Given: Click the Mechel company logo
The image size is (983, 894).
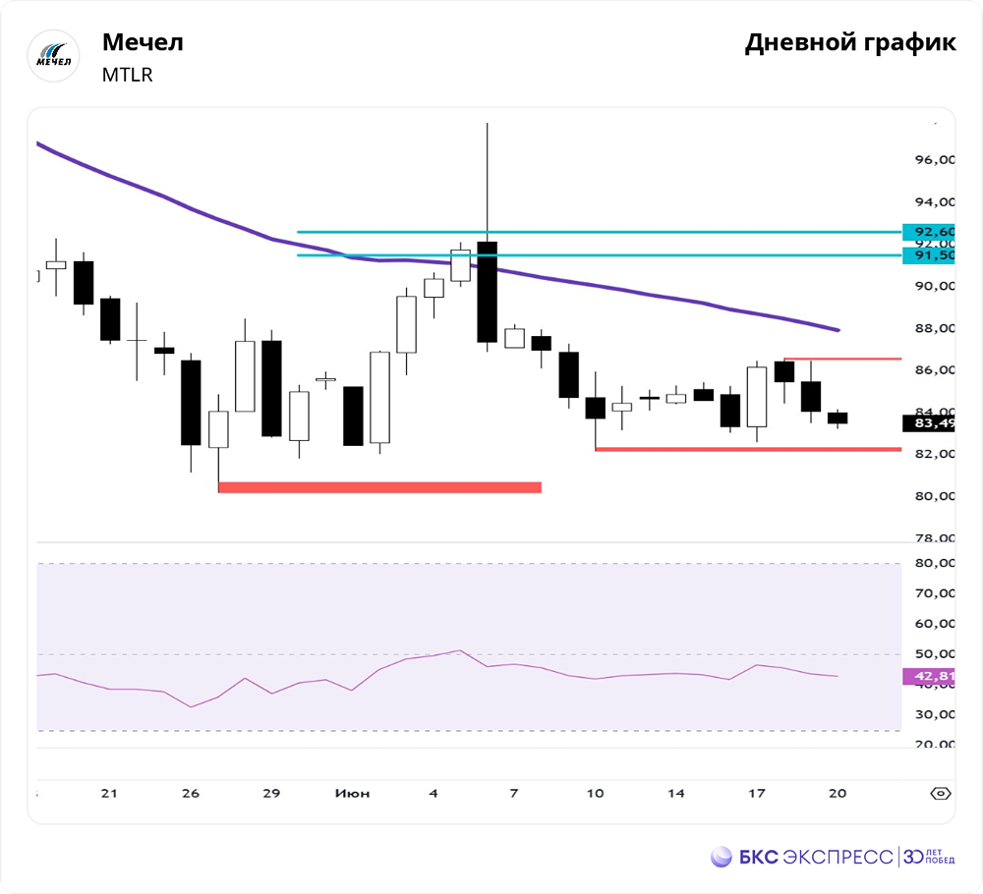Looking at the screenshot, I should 53,56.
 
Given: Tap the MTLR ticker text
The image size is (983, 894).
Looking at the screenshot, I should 128,75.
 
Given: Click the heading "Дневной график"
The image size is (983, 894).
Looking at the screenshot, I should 850,43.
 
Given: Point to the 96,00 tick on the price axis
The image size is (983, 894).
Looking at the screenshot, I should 933,160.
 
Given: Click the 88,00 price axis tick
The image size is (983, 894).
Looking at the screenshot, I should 933,328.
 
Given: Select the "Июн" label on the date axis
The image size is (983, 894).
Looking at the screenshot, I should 352,793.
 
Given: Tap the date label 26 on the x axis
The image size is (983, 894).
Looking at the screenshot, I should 191,793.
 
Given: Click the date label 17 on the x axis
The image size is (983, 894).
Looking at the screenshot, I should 756,793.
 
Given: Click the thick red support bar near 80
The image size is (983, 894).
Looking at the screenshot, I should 379,486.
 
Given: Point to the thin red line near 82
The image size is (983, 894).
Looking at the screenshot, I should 747,449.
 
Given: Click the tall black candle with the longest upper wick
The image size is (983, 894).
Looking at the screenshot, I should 487,291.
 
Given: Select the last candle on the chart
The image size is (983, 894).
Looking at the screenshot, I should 837,418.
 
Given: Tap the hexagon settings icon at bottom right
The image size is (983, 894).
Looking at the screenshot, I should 941,793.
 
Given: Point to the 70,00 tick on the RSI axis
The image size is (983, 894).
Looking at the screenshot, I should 933,593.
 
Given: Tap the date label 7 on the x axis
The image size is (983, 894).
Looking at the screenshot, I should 514,793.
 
